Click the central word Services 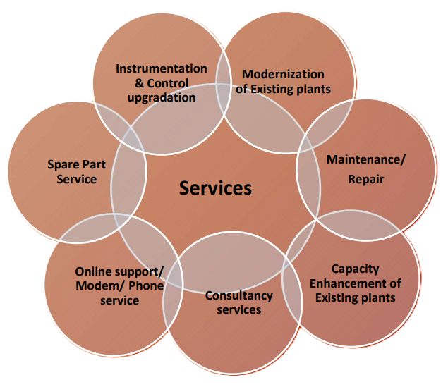click(x=215, y=188)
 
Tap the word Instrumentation click(x=162, y=69)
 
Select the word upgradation click(x=162, y=97)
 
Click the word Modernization click(x=283, y=74)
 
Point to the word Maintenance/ click(x=366, y=159)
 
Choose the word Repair click(x=366, y=179)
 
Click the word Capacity click(x=355, y=269)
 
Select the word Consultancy click(x=238, y=296)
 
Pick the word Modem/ click(x=98, y=285)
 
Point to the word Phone click(x=146, y=285)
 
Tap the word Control click(x=167, y=83)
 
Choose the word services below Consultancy click(x=238, y=310)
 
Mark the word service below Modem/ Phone click(x=119, y=300)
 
